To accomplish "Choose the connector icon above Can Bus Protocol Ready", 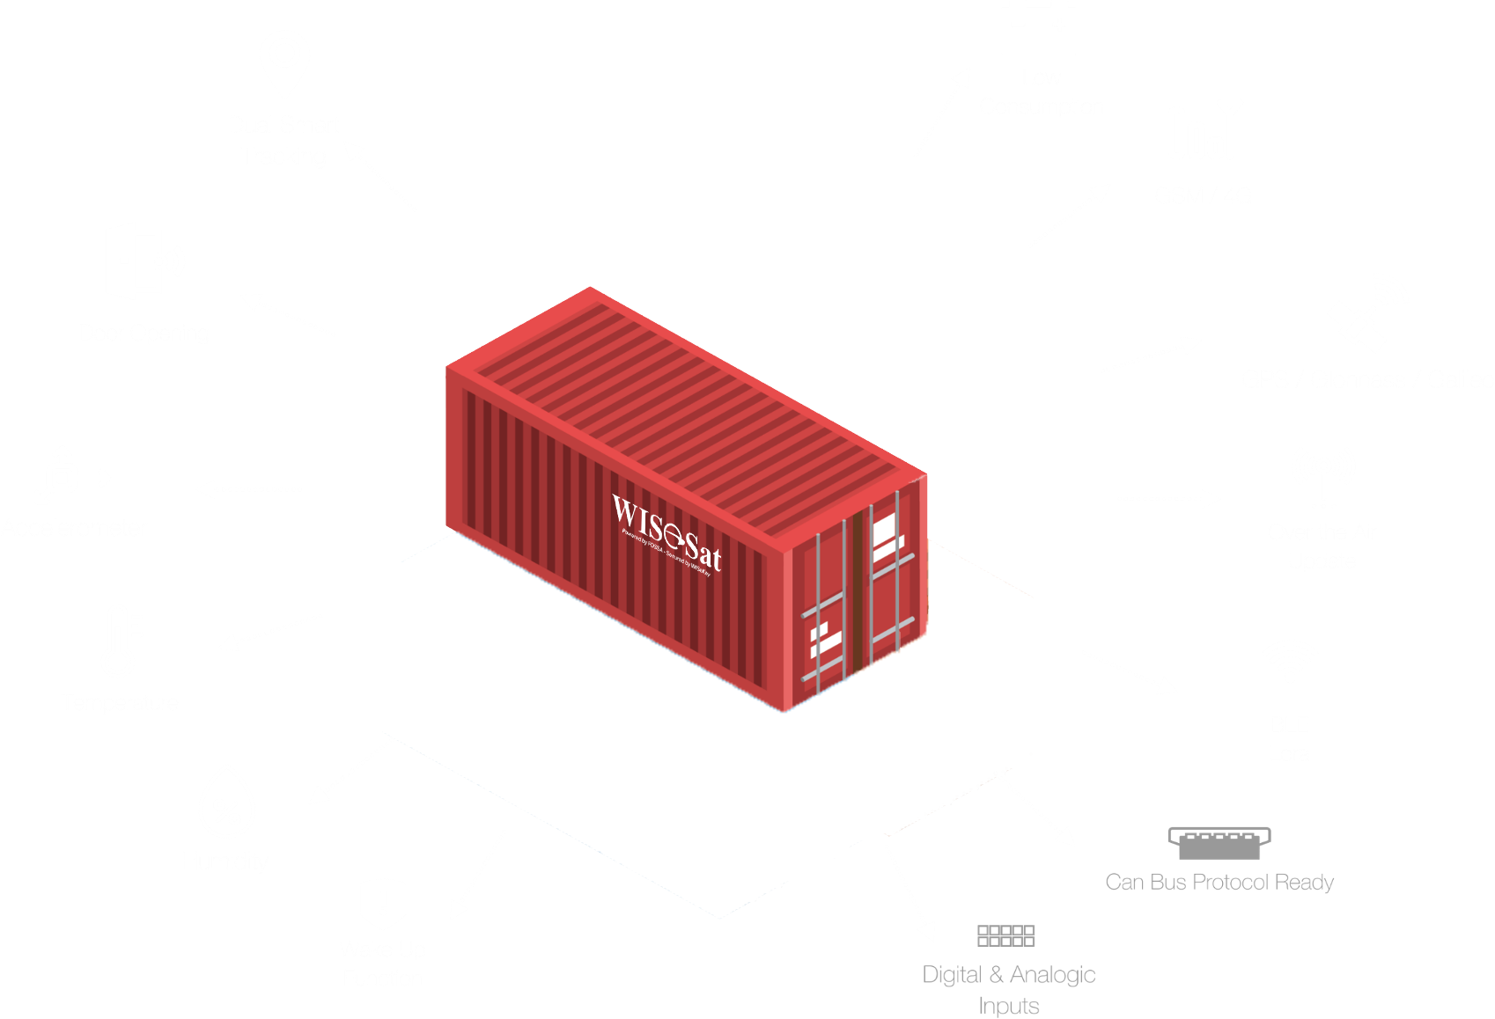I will coord(1219,843).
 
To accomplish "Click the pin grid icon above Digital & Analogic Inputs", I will coord(1005,935).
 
